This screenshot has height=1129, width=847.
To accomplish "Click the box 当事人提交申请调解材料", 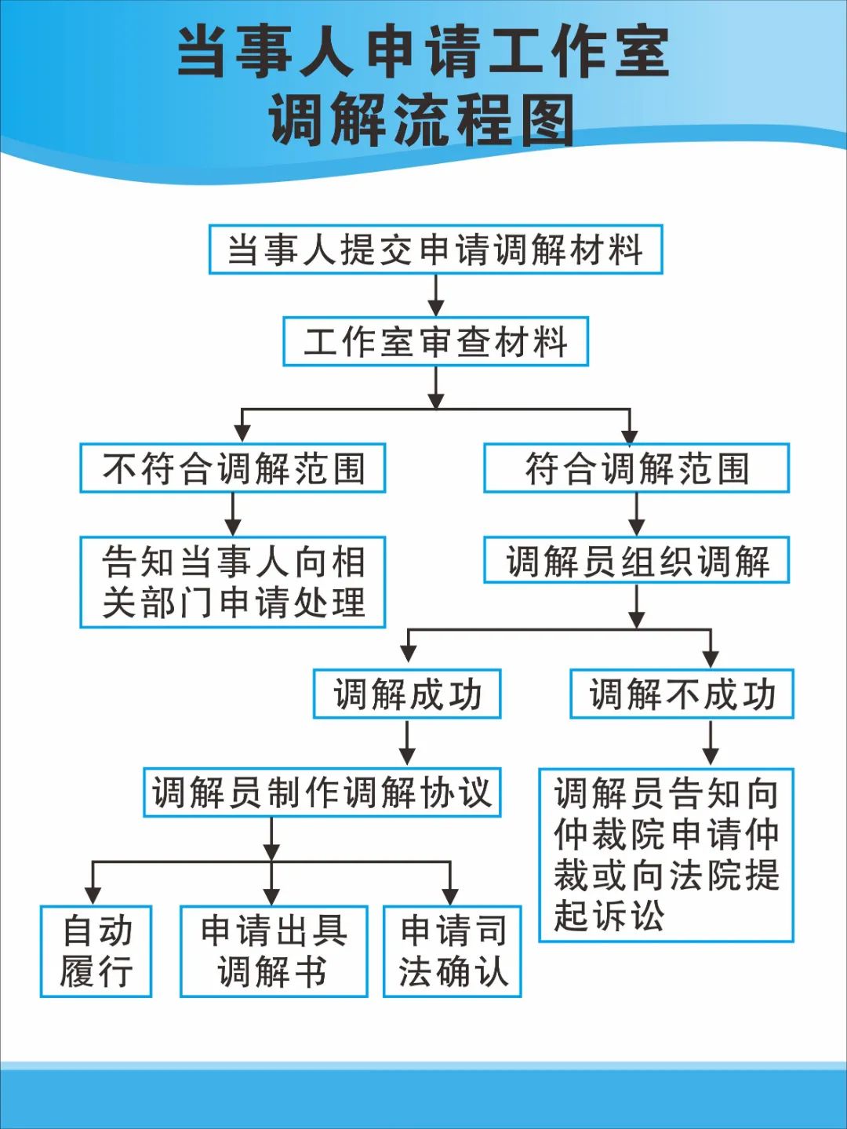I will [435, 249].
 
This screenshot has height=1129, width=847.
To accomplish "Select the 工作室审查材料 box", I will [435, 341].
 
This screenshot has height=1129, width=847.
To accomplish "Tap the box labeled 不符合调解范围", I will [233, 468].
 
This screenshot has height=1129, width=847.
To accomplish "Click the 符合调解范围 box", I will [636, 468].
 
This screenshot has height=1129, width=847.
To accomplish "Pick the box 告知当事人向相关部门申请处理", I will [233, 582].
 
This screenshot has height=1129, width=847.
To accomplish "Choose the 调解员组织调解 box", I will [636, 560].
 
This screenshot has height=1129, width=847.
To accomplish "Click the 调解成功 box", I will [407, 694].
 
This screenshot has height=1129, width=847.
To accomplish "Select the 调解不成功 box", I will [682, 694].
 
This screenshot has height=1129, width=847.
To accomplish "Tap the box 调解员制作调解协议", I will [322, 792].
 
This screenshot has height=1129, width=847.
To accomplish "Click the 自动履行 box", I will [96, 951].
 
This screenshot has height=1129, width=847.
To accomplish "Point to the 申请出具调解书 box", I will [274, 951].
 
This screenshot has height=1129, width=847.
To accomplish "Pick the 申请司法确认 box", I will [452, 951].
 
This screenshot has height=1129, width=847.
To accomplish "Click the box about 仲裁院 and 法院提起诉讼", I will [666, 854].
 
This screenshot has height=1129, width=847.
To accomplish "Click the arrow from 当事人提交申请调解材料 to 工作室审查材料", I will [436, 296].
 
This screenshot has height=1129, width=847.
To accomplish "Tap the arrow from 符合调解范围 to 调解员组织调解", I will [637, 515].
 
